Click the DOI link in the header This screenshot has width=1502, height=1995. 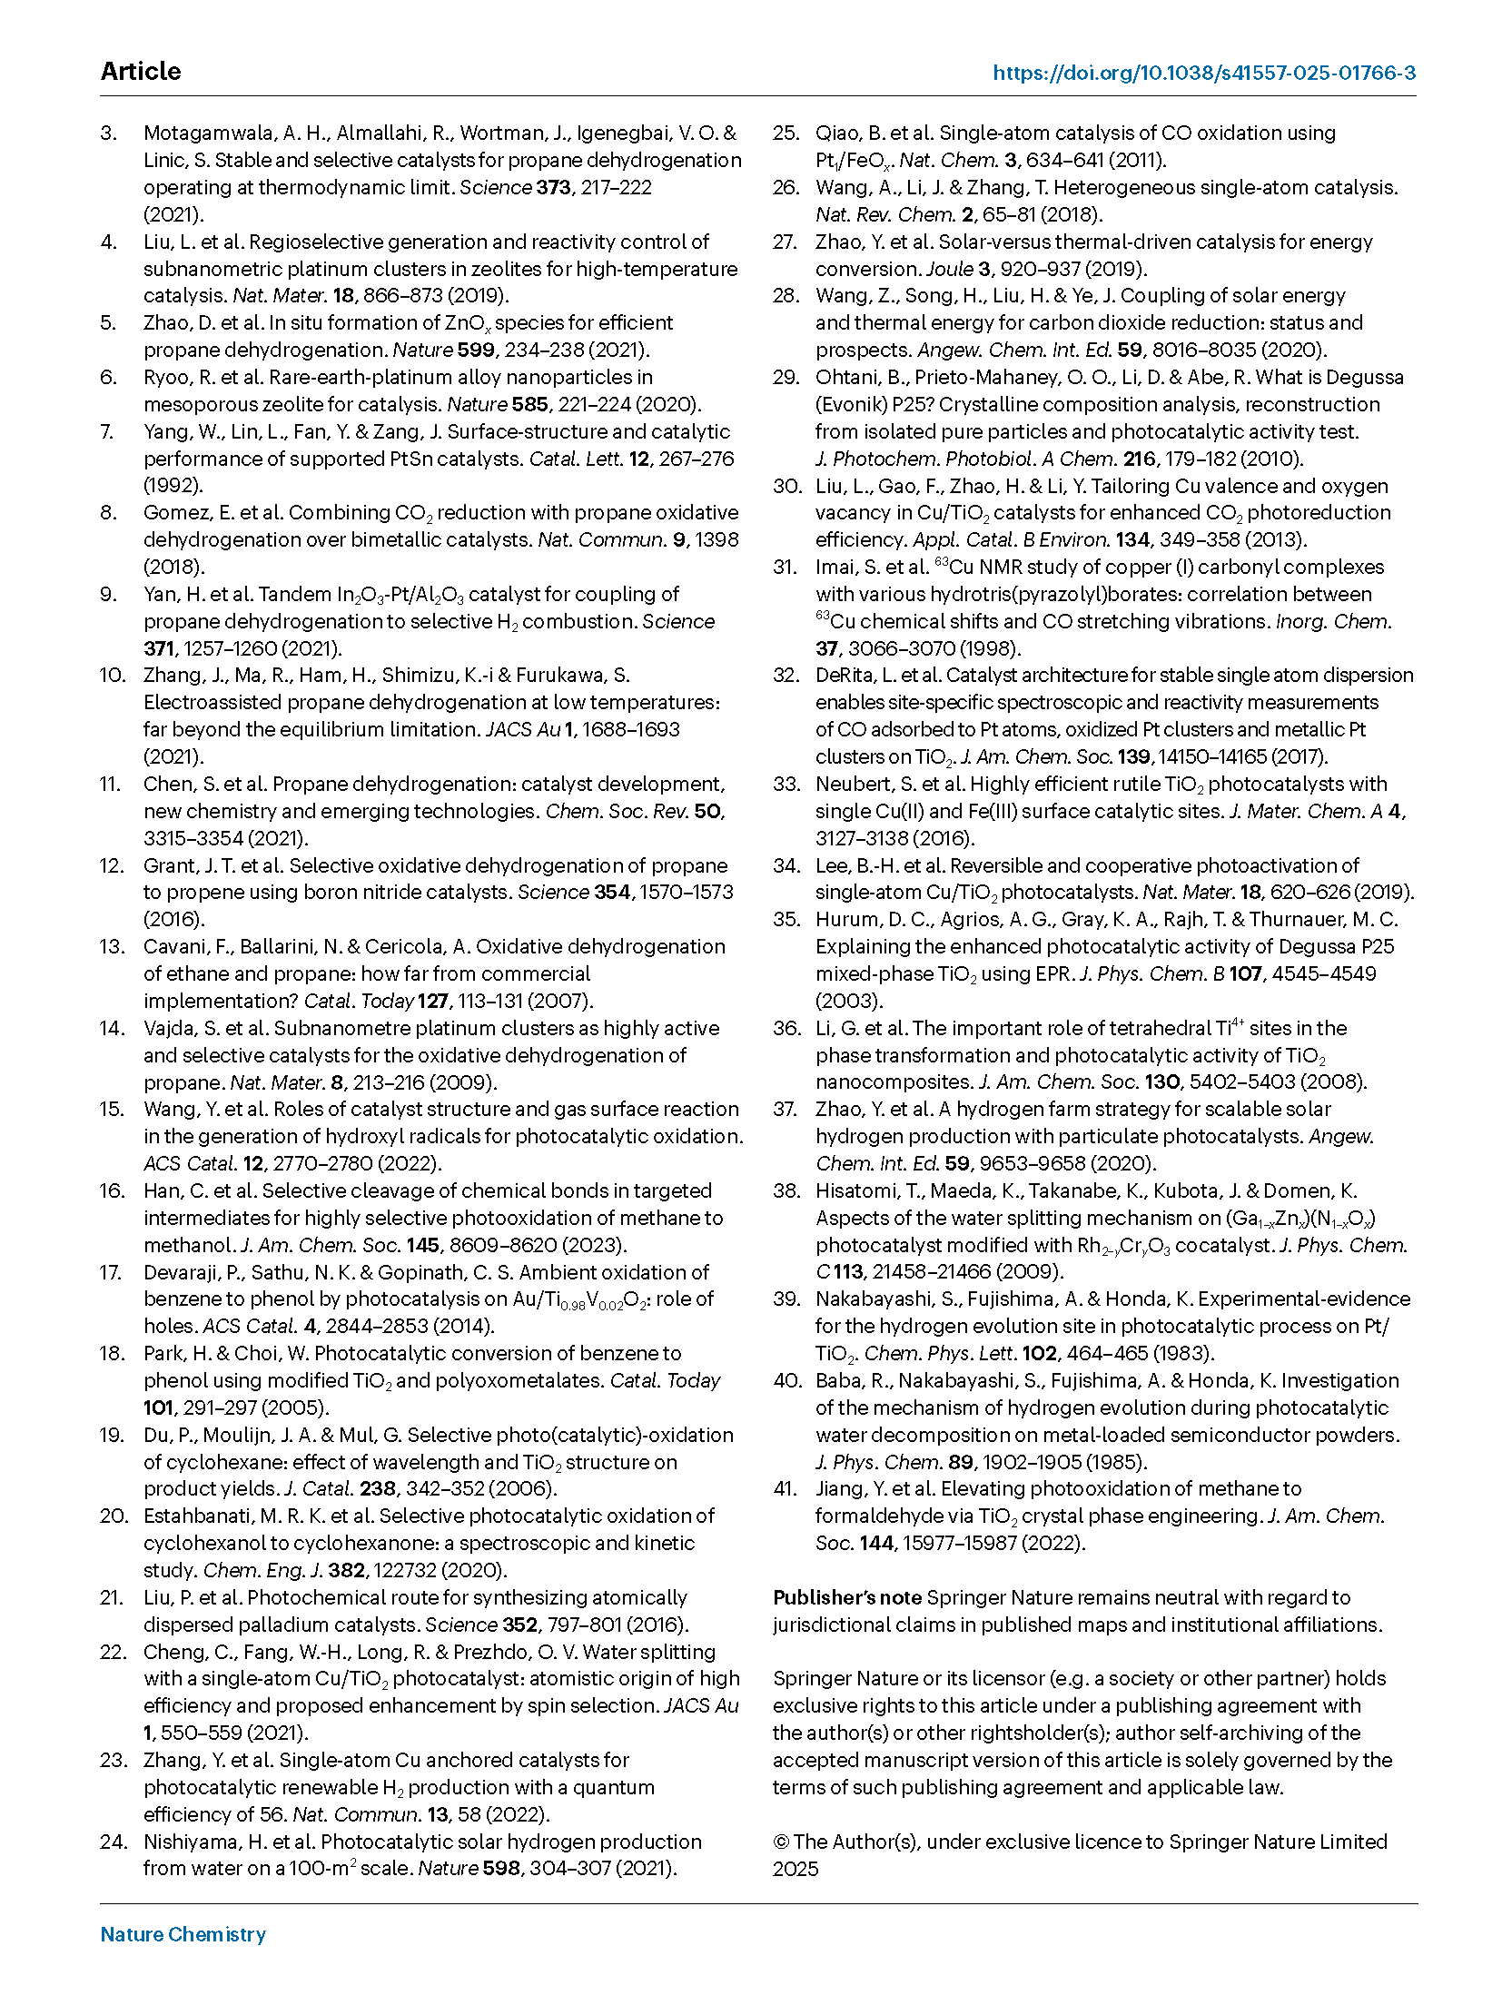coord(1203,73)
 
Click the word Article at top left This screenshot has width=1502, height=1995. coord(141,72)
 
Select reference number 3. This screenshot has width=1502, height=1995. coord(109,133)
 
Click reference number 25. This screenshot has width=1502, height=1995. coord(786,133)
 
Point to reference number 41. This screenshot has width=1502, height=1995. coord(786,1489)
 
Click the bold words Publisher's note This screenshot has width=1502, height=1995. coord(847,1597)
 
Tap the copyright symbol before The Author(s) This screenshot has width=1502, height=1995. coord(781,1842)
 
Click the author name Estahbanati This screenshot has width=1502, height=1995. coord(205,1516)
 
